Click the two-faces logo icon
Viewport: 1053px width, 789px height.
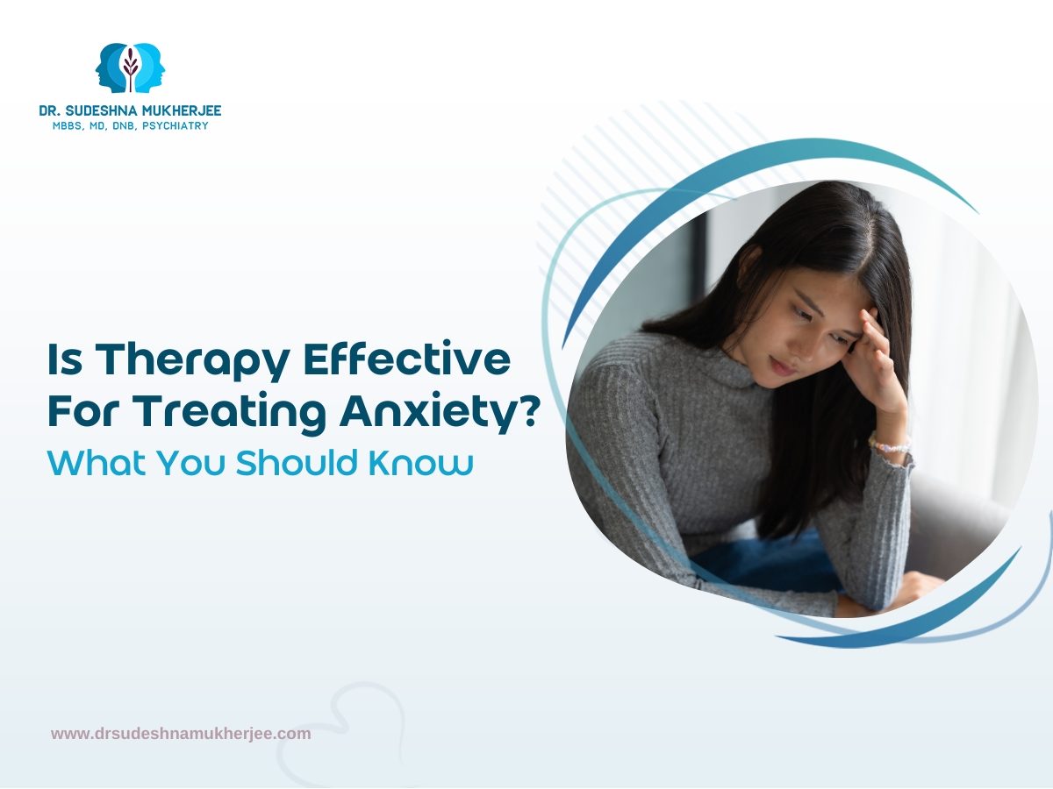(x=130, y=68)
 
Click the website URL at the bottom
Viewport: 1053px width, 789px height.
(x=181, y=734)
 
